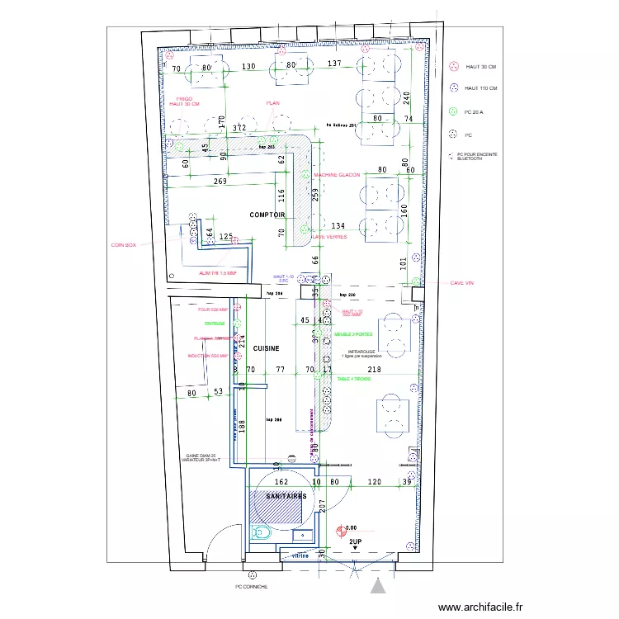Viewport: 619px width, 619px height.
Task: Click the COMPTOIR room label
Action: pyautogui.click(x=267, y=215)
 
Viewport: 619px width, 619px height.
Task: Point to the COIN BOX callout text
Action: pyautogui.click(x=123, y=245)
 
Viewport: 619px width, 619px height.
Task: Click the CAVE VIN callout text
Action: pyautogui.click(x=461, y=282)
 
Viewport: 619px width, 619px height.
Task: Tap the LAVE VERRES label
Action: pyautogui.click(x=328, y=237)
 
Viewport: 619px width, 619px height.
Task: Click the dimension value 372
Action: pyautogui.click(x=239, y=129)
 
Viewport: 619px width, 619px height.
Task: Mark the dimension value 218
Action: pyautogui.click(x=374, y=370)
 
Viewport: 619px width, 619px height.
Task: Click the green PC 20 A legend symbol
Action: pyautogui.click(x=453, y=111)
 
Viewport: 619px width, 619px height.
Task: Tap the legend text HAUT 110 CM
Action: pyautogui.click(x=481, y=88)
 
